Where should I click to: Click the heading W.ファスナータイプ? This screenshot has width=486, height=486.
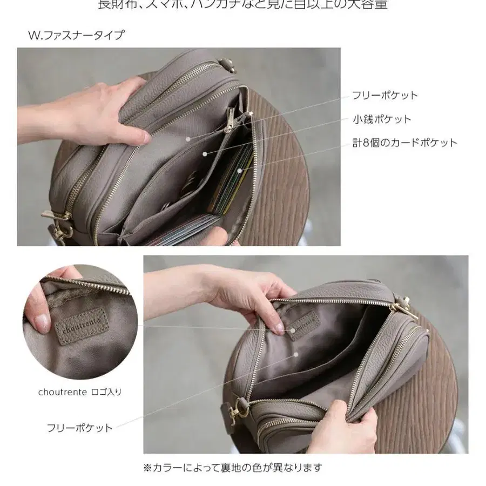[x=76, y=36]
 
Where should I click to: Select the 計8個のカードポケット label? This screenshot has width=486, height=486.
[x=404, y=143]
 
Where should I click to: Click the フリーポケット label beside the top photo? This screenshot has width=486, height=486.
[x=384, y=96]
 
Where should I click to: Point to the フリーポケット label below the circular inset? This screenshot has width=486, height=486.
[x=79, y=428]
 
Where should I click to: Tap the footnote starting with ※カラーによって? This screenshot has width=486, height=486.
[x=233, y=467]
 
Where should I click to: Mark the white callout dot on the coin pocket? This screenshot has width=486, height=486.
[x=205, y=154]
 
